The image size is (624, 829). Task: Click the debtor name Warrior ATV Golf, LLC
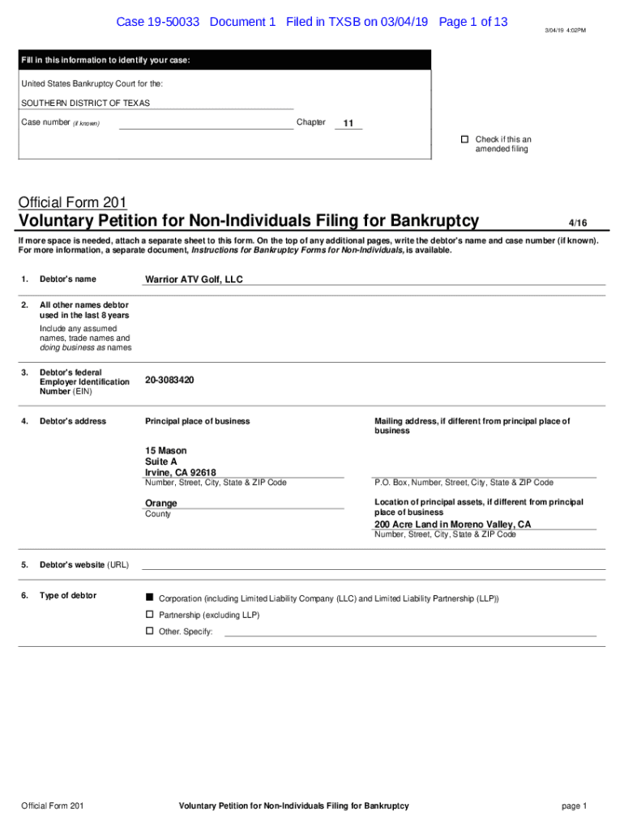[x=194, y=279]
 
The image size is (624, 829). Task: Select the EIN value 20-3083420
[x=169, y=380]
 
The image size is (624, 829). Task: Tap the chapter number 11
[x=348, y=124]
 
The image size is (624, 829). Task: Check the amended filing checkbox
[x=465, y=139]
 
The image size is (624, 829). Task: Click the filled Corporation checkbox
[x=149, y=597]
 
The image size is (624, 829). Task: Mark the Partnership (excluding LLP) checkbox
[x=149, y=614]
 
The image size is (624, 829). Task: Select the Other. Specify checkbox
[x=149, y=631]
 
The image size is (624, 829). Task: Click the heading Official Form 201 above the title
[x=72, y=202]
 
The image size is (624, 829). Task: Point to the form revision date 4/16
[x=577, y=223]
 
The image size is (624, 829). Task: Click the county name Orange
[x=161, y=504]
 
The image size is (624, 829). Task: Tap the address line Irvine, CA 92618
[x=181, y=473]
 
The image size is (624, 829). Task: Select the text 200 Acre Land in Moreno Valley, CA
[x=453, y=525]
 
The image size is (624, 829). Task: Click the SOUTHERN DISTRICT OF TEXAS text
[x=85, y=104]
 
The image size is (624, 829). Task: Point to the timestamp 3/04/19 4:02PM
[x=565, y=30]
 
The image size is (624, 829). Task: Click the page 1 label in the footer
[x=573, y=806]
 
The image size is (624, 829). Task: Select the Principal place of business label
[x=197, y=421]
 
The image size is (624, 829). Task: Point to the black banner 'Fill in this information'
[x=225, y=61]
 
